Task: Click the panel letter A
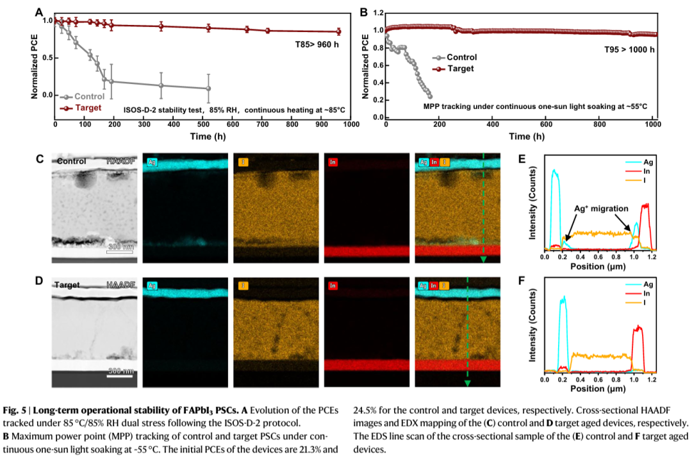[x=39, y=12]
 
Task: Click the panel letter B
[x=364, y=12]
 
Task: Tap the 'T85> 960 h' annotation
[x=312, y=44]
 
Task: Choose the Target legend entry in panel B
[x=459, y=68]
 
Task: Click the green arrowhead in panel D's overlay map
[x=467, y=384]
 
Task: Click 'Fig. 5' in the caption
[x=13, y=410]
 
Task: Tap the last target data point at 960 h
[x=339, y=31]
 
